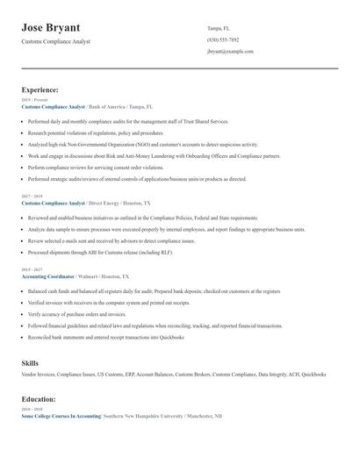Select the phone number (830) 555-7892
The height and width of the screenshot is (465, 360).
[224, 39]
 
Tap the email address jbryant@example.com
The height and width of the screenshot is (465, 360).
[230, 52]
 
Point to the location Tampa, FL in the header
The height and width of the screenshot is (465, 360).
[220, 27]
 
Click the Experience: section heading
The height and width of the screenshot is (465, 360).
[40, 89]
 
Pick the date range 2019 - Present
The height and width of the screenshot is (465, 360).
[34, 100]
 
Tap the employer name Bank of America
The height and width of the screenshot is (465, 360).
[111, 106]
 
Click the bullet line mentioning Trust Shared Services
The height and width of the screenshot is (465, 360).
[128, 121]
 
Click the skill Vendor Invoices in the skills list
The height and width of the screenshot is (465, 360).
[41, 375]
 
